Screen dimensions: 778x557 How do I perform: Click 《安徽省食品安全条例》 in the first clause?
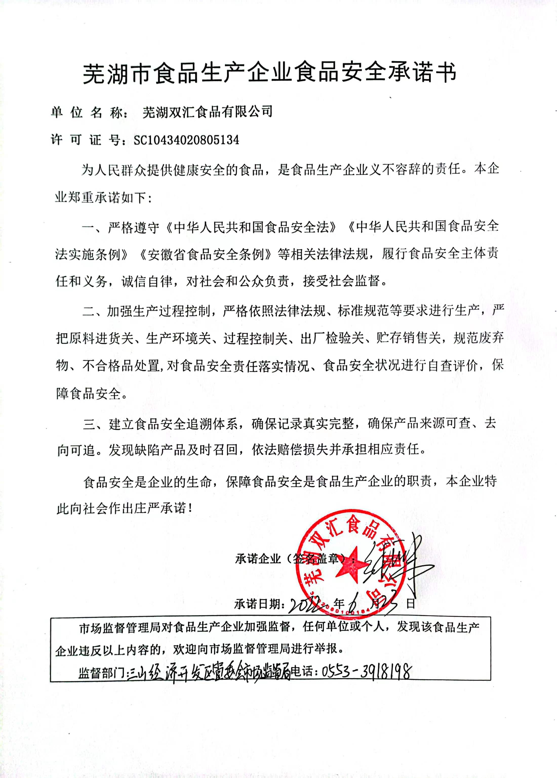pos(206,254)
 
